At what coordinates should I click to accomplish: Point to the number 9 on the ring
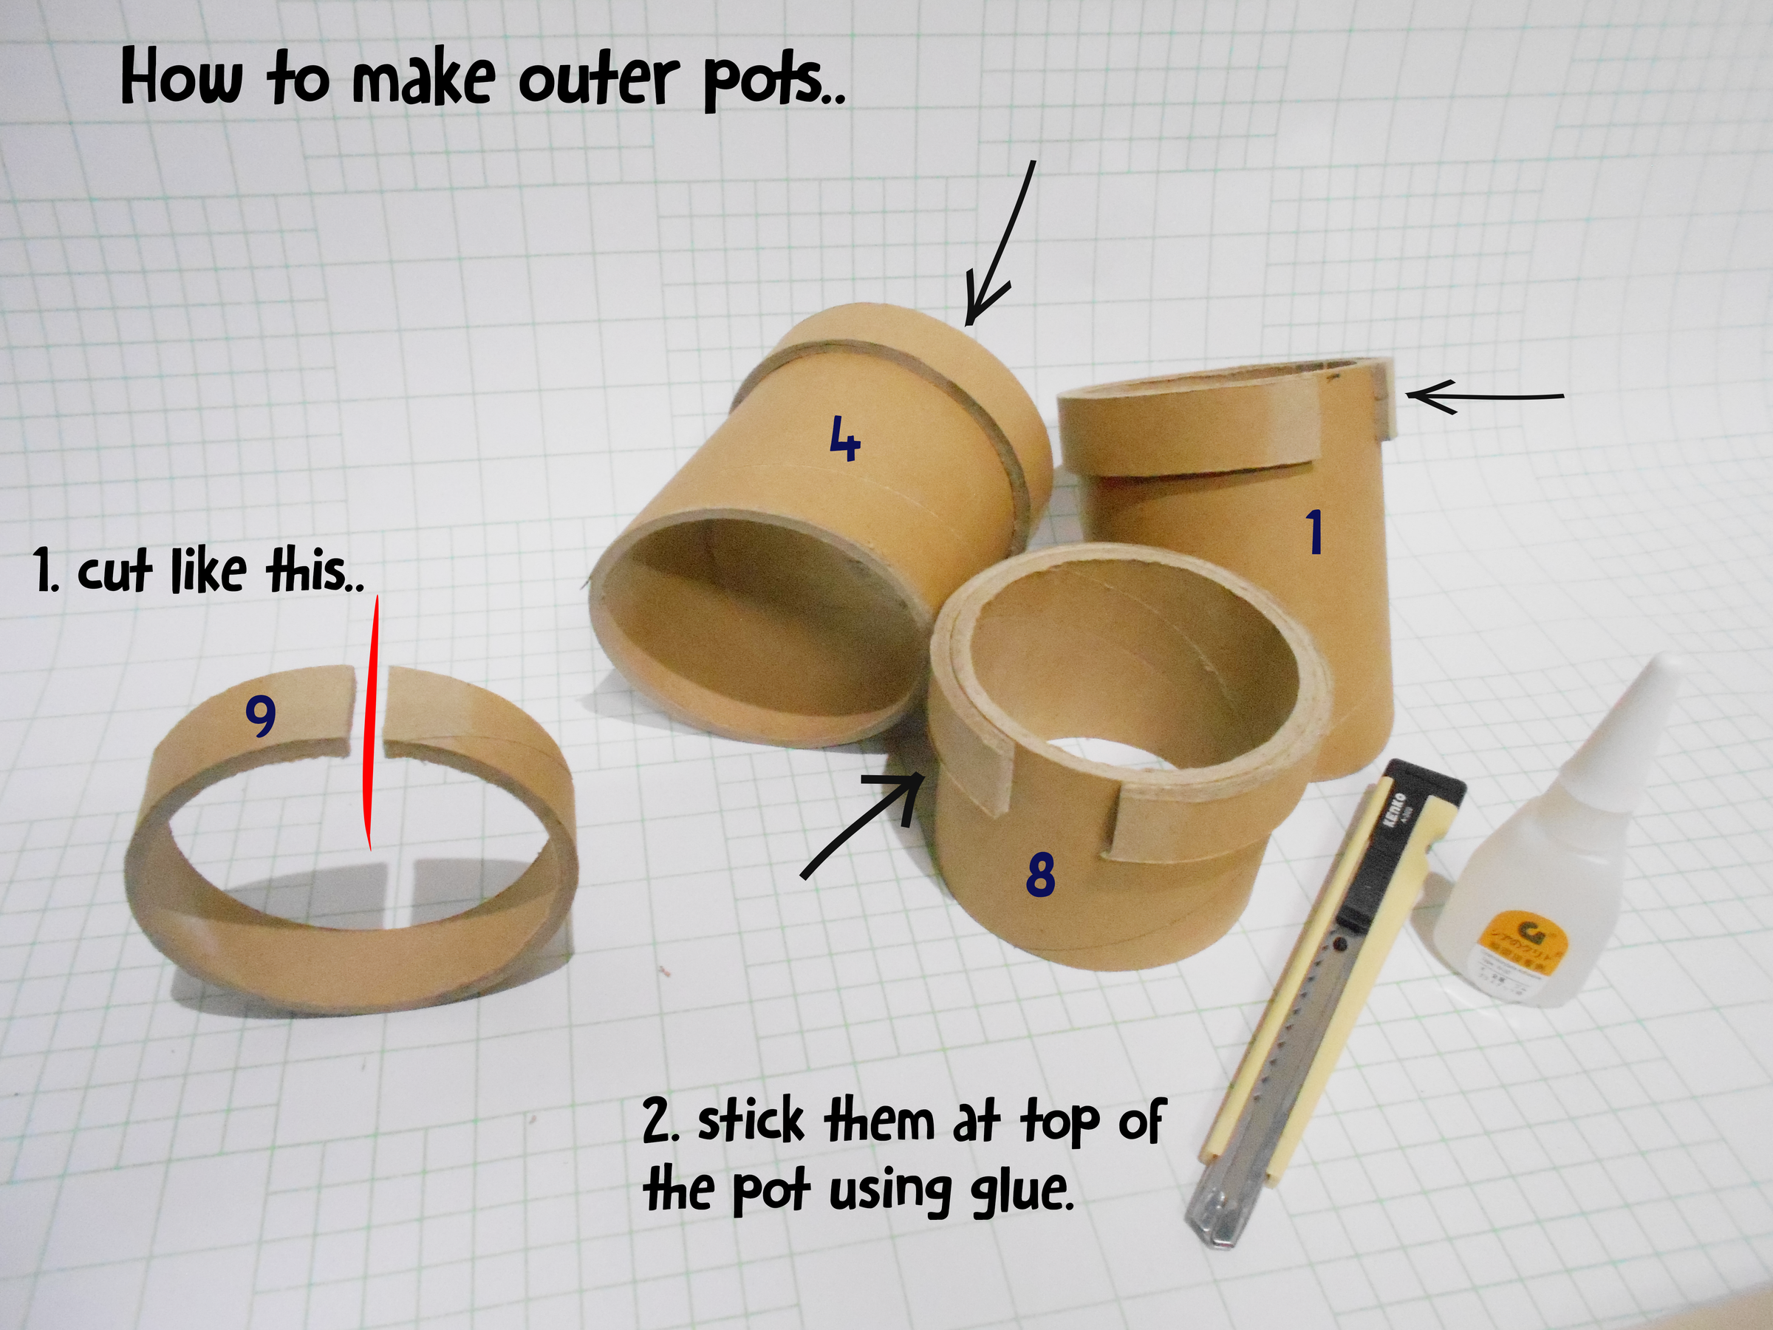click(261, 715)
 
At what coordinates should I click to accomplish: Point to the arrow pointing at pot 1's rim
click(1483, 396)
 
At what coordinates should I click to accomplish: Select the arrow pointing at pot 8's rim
click(866, 826)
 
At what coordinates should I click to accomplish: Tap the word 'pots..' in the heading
click(773, 84)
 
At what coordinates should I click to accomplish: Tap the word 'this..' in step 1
click(312, 572)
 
